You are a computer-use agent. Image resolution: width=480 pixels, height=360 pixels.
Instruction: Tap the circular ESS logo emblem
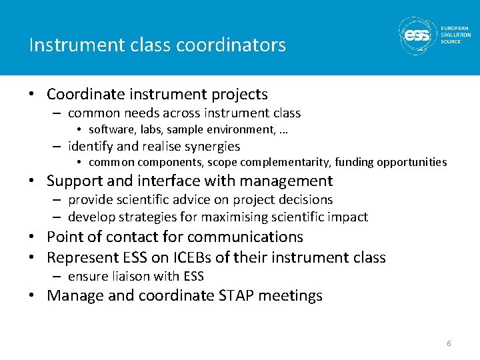point(418,35)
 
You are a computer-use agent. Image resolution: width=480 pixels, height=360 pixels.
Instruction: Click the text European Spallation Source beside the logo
point(455,35)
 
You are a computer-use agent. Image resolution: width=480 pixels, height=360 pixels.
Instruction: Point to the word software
point(108,129)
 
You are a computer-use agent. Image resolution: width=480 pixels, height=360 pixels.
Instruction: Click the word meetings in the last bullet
point(292,295)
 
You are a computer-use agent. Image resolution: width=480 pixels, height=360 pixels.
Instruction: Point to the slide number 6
point(449,343)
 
